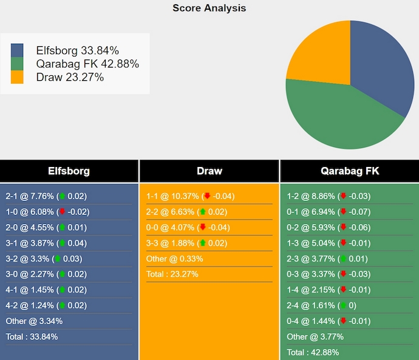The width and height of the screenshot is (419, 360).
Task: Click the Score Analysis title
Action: (x=209, y=8)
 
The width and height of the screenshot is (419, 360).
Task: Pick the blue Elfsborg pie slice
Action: (x=383, y=67)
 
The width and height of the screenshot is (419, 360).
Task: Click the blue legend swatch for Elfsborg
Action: (x=17, y=50)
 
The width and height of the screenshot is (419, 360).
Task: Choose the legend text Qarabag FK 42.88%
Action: (x=87, y=64)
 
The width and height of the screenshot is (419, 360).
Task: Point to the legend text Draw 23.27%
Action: (x=70, y=77)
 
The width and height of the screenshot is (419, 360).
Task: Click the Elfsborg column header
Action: (x=69, y=171)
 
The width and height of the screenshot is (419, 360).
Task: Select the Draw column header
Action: (x=209, y=171)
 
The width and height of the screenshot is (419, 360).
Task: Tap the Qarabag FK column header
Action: (x=349, y=171)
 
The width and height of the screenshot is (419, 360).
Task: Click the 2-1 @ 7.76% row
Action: (x=46, y=196)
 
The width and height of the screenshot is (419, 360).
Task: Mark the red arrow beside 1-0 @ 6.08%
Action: (x=62, y=212)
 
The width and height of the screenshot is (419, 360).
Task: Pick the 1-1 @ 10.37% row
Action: (x=190, y=196)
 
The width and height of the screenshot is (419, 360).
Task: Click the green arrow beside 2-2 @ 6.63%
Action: (x=203, y=212)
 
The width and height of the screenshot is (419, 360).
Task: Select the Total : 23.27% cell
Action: (x=172, y=274)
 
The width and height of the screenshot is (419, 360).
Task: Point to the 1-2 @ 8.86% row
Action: (x=329, y=196)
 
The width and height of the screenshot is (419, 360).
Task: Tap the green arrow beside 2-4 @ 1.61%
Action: (x=344, y=305)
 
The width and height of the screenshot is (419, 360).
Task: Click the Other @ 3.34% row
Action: (x=34, y=321)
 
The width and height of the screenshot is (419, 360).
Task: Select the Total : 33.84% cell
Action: (x=32, y=336)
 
